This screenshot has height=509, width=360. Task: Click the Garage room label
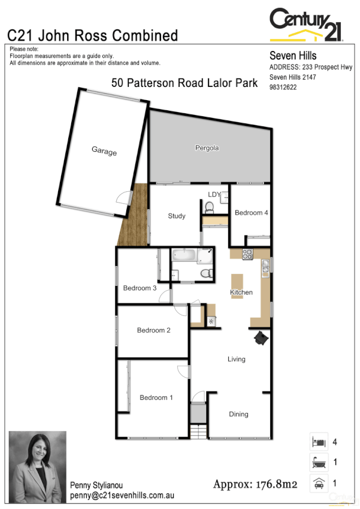tap(104, 152)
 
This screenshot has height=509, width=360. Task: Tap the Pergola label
tap(207, 147)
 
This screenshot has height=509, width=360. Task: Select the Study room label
tap(177, 216)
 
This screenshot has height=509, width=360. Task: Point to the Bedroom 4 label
tap(252, 213)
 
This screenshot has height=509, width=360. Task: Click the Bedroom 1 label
tap(156, 397)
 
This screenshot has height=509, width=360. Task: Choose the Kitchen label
tap(241, 293)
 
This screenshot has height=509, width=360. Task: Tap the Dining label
tap(238, 414)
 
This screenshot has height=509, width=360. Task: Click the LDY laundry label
tap(214, 194)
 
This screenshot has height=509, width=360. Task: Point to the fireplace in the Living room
tap(261, 339)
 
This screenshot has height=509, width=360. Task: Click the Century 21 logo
tap(305, 25)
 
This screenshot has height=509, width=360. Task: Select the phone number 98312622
tap(283, 87)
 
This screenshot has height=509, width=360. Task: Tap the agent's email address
tap(122, 496)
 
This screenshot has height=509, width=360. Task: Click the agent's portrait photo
tap(37, 466)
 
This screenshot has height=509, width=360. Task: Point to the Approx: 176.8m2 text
tap(255, 484)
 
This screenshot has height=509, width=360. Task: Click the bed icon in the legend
tap(318, 442)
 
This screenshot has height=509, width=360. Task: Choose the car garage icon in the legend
tap(318, 483)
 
